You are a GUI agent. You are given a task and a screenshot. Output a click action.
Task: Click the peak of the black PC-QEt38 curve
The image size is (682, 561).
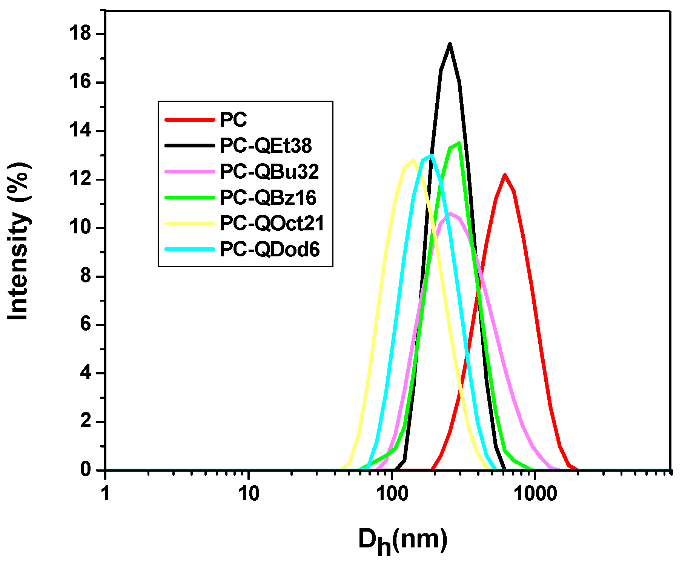click(x=450, y=44)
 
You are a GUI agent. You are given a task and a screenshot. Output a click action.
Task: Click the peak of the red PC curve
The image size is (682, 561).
click(x=504, y=175)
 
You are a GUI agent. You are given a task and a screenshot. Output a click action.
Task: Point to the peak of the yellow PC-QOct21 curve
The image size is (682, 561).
click(x=413, y=160)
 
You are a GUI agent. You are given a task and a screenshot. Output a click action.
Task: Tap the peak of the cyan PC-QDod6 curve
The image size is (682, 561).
click(x=431, y=155)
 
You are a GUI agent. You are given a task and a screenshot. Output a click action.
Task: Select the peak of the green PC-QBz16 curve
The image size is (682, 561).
click(x=459, y=143)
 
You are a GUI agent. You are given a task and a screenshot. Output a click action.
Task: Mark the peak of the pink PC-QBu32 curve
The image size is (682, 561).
click(x=450, y=214)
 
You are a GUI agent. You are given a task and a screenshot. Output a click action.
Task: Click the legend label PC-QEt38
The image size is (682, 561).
click(x=266, y=146)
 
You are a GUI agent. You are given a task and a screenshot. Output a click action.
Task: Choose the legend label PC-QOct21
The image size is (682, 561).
click(x=272, y=224)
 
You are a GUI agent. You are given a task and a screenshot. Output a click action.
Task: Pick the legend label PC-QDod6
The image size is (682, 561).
click(x=270, y=250)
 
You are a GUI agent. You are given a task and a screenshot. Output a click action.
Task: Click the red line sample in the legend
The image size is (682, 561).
click(x=190, y=120)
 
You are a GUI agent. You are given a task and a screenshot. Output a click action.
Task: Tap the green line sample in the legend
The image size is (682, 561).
click(x=190, y=198)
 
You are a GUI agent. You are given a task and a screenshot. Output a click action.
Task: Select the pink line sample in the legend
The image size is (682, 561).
click(x=190, y=172)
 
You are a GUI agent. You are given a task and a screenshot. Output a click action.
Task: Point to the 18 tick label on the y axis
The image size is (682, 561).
click(x=80, y=34)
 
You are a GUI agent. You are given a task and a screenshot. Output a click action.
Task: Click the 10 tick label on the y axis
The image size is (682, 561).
click(x=80, y=228)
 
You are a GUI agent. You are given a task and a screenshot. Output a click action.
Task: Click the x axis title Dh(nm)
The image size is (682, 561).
click(x=403, y=540)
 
